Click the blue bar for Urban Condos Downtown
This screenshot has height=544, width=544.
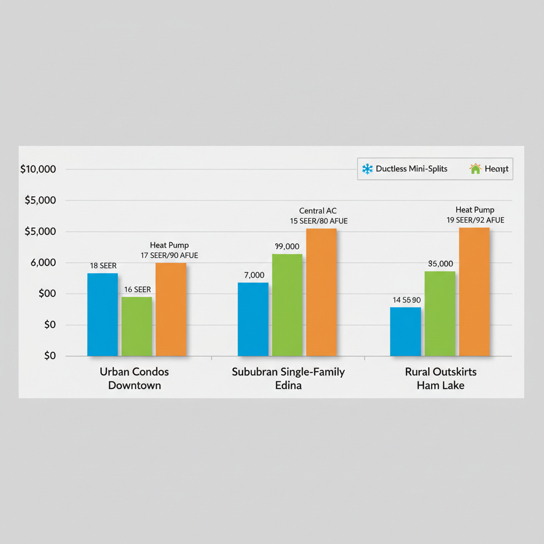(x=103, y=314)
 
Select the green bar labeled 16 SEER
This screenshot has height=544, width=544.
(x=137, y=326)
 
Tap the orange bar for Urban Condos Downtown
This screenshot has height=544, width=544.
(x=171, y=309)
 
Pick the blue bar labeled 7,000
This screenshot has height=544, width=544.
(x=253, y=319)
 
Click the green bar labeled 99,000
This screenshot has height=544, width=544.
(x=287, y=305)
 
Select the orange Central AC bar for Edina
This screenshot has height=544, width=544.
(x=321, y=292)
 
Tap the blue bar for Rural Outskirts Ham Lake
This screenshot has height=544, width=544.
(x=405, y=331)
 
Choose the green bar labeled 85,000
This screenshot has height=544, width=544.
(x=440, y=313)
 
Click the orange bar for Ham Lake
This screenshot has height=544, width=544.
(x=474, y=292)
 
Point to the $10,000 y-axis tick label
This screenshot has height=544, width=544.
(x=38, y=169)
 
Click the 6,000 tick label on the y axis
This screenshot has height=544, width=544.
(x=40, y=263)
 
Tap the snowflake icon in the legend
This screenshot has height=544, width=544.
(x=367, y=169)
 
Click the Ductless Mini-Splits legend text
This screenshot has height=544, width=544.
(x=411, y=169)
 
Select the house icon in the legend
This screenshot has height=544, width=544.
(x=475, y=169)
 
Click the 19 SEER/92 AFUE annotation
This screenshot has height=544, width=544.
(x=475, y=220)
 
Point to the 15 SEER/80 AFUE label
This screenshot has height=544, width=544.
(x=319, y=221)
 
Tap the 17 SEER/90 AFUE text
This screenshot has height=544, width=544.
(x=169, y=256)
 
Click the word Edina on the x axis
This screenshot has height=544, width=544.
(x=288, y=386)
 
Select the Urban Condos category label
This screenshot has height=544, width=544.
(x=134, y=372)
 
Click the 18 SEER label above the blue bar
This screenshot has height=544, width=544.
(x=103, y=266)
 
